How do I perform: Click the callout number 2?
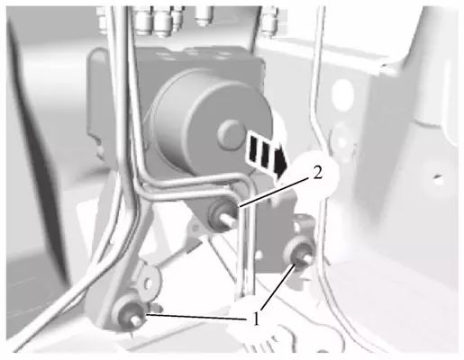coord(317,173)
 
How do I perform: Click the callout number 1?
coord(255,319)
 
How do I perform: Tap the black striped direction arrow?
coord(265,154)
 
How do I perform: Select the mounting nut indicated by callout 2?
coord(223,215)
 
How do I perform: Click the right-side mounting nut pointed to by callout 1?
coord(299,253)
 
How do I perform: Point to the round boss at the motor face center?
coord(232,134)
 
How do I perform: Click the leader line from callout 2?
coord(274,192)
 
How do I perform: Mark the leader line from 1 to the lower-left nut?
coord(196,317)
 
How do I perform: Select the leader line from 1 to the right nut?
coord(278,287)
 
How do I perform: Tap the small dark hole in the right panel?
coord(439,177)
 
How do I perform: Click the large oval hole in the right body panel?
coord(343,93)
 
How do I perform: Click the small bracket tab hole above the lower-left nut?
coord(148,283)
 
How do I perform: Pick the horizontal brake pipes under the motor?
coord(192,186)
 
